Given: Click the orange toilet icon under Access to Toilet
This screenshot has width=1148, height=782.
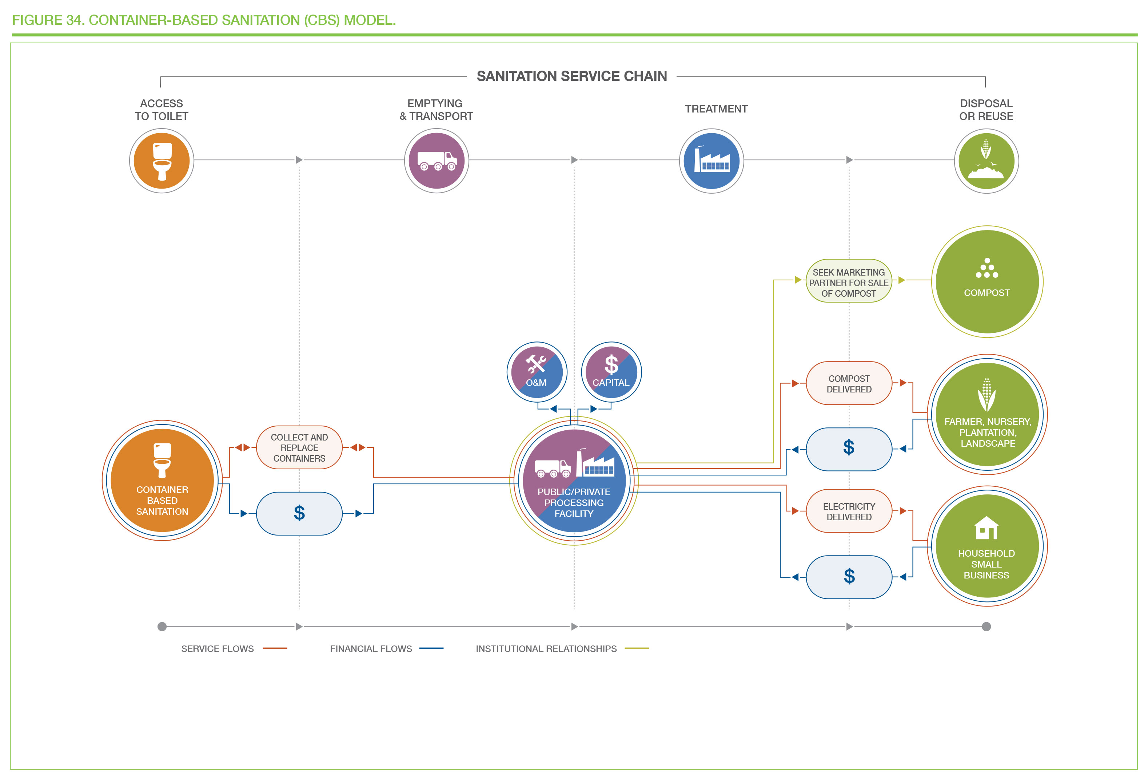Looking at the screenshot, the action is [x=162, y=161].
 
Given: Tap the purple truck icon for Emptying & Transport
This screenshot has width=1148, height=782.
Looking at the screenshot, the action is [x=437, y=161].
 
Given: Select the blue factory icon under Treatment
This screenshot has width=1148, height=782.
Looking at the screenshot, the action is [x=711, y=161].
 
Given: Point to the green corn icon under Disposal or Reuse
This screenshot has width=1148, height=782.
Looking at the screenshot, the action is [x=986, y=161].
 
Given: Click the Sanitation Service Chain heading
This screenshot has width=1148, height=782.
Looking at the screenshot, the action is [x=571, y=76].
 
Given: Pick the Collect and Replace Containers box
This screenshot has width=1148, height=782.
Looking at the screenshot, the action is [x=299, y=447].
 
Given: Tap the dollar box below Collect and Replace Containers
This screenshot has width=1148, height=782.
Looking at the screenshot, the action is [x=299, y=513].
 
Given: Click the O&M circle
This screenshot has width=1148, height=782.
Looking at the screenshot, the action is [x=537, y=372].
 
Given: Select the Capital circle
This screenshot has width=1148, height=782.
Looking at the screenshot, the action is [x=611, y=372].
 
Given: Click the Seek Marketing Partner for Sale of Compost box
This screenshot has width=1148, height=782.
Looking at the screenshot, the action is [x=849, y=281].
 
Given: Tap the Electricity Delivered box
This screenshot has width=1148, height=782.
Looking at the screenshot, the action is [x=849, y=511].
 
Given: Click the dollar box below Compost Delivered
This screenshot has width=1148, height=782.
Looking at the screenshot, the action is [x=849, y=449].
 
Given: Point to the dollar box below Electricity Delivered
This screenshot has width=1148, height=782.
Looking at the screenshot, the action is [x=849, y=577].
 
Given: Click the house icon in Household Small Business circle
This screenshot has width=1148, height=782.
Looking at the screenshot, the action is [x=986, y=528].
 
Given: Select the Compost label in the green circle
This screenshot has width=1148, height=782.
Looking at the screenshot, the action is [x=987, y=293].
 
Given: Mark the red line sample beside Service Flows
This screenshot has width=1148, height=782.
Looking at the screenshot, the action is [x=275, y=648].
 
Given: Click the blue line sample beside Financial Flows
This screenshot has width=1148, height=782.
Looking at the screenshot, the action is [x=431, y=648].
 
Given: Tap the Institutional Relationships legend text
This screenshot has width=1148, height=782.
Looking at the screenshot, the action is [x=546, y=648].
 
